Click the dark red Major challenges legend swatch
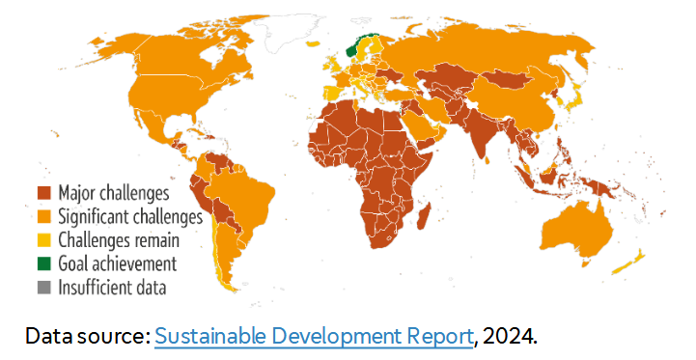click(x=44, y=193)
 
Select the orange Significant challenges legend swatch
click(x=44, y=216)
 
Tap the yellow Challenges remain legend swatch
click(x=44, y=239)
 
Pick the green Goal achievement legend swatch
click(x=44, y=263)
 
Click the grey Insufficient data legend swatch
click(x=44, y=287)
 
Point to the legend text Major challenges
click(x=114, y=193)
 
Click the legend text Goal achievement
click(x=117, y=263)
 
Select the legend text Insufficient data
click(x=112, y=287)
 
